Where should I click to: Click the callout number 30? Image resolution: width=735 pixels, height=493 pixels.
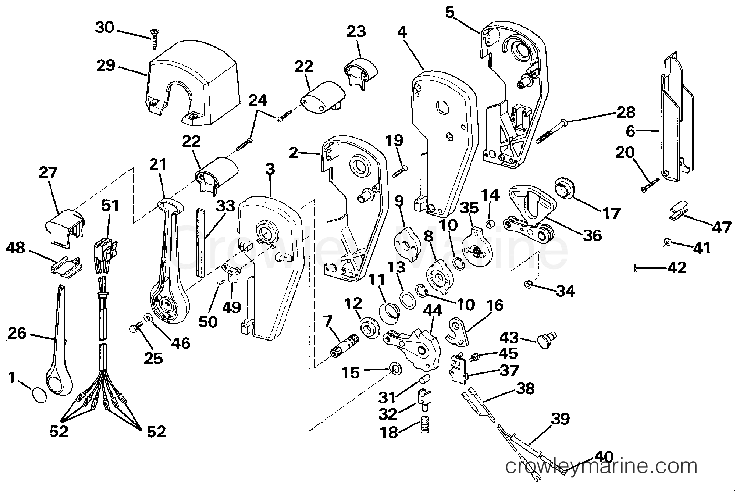(105, 28)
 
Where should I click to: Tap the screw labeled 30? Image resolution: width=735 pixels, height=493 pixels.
(153, 39)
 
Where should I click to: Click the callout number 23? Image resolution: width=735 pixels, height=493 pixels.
(356, 31)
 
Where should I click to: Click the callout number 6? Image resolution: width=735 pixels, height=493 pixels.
(630, 131)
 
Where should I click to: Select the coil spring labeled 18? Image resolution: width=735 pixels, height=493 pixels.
(425, 424)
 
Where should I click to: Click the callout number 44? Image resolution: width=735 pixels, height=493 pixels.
(433, 311)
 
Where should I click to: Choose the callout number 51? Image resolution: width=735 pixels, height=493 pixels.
(110, 205)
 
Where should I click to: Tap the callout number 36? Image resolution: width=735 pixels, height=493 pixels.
(592, 235)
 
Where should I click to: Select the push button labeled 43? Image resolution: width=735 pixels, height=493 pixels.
(547, 340)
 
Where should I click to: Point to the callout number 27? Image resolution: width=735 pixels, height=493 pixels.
(48, 172)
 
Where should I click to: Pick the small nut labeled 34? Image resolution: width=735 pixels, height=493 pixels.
(528, 284)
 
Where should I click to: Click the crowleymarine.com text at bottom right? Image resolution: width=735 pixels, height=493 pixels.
(601, 466)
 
